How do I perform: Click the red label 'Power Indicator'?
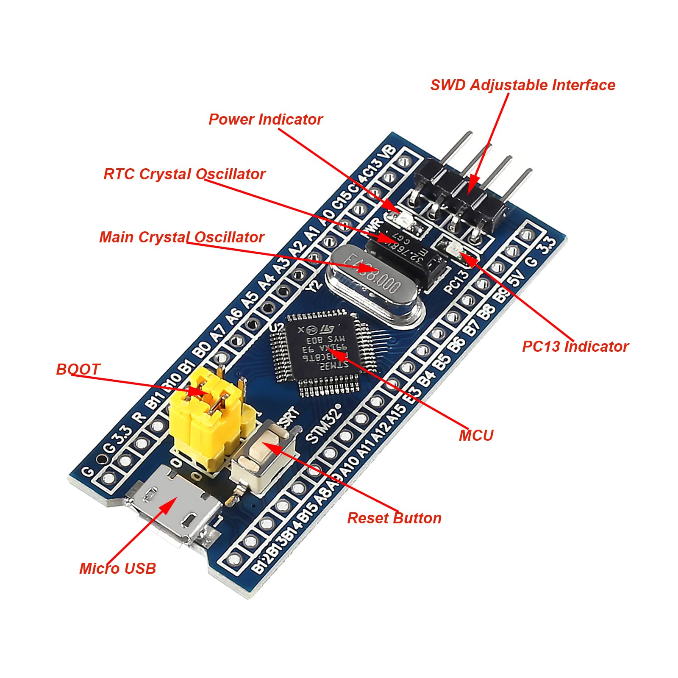tap(266, 119)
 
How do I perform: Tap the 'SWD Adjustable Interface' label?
tap(522, 85)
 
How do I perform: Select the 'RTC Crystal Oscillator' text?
tap(184, 174)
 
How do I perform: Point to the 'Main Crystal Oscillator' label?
tap(182, 237)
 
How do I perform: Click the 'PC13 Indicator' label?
tap(575, 347)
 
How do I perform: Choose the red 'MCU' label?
tap(476, 436)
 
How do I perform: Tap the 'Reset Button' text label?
tap(394, 518)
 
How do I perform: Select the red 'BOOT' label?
tap(78, 370)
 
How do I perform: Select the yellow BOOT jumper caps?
tap(208, 417)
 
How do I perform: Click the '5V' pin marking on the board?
tap(517, 278)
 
